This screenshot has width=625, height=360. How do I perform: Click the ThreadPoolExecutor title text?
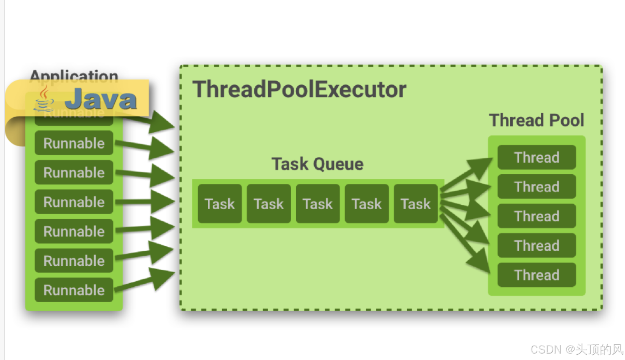[x=299, y=90]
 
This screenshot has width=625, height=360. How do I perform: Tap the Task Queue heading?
[x=317, y=164]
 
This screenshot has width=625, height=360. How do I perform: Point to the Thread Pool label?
[x=536, y=120]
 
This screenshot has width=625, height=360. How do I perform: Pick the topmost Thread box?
[x=537, y=157]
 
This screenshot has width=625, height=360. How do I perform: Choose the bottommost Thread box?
[x=537, y=275]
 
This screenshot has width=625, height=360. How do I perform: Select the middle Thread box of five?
[x=537, y=216]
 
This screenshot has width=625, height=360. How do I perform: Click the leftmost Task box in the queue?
[x=219, y=204]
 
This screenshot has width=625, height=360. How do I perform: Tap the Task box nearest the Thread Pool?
[x=416, y=204]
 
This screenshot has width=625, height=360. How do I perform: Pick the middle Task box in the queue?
[x=318, y=204]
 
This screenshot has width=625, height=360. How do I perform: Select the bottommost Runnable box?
[x=74, y=290]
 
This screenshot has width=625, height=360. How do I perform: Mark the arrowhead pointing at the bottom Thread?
[x=479, y=262]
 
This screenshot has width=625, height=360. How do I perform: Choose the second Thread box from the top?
[x=537, y=187]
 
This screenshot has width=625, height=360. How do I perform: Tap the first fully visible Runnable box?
[x=74, y=143]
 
